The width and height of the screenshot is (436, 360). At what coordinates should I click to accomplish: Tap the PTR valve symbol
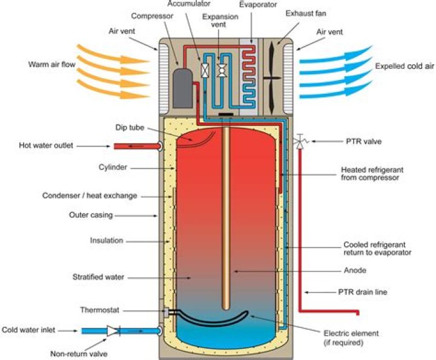click(x=299, y=142)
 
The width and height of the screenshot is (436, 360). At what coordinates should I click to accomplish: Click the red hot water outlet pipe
click(x=133, y=146)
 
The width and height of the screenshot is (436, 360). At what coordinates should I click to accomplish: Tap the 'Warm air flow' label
click(x=50, y=64)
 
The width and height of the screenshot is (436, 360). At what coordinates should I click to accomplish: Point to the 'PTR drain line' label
click(x=362, y=292)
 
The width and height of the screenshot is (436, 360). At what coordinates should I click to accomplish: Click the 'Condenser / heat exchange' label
click(x=90, y=195)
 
